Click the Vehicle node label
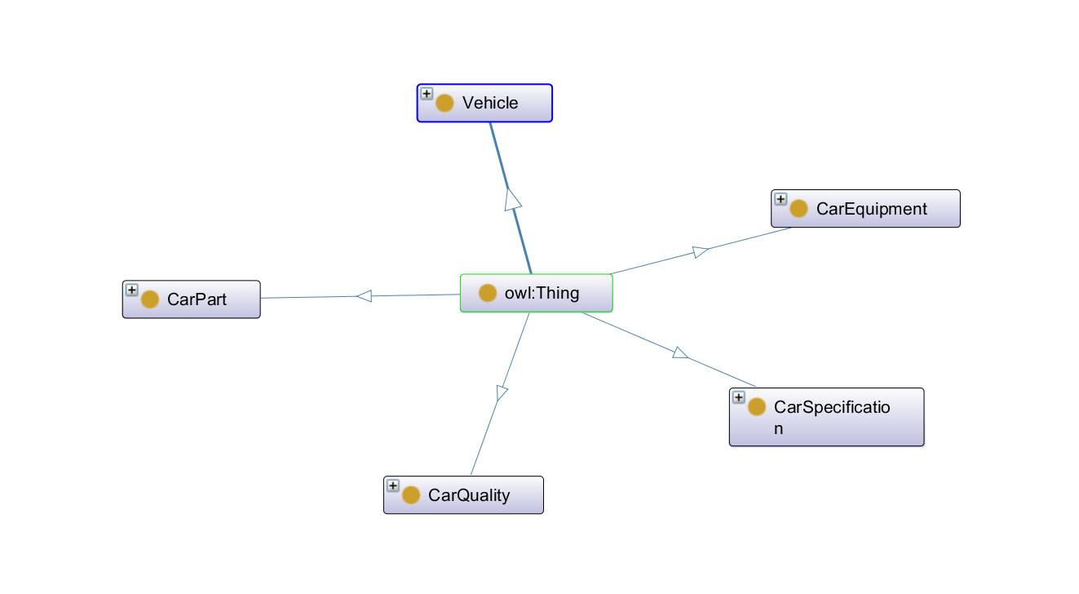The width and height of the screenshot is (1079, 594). [x=489, y=103]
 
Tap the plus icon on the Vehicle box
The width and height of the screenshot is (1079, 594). [x=427, y=94]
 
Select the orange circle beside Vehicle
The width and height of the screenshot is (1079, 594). [x=444, y=104]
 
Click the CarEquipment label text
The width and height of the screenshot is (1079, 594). [x=871, y=209]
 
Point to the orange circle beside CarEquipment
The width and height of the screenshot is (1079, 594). [x=798, y=210]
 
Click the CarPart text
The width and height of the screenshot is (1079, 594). [x=197, y=299]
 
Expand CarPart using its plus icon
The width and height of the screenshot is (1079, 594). [x=131, y=290]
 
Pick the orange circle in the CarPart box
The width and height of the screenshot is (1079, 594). [x=149, y=299]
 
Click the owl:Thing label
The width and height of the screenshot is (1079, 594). [x=542, y=293]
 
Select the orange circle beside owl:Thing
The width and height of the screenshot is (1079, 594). [x=488, y=293]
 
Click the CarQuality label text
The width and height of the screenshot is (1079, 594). [x=469, y=495]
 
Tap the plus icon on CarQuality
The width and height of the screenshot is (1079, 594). [x=392, y=485]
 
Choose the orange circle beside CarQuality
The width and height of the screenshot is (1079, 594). [x=410, y=495]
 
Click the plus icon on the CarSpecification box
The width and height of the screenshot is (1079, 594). [x=738, y=397]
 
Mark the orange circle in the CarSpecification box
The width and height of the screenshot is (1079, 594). [x=756, y=406]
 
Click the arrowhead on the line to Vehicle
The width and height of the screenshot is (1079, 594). [x=513, y=199]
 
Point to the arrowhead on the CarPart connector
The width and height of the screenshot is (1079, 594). [x=364, y=296]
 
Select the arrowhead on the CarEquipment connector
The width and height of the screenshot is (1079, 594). [x=700, y=252]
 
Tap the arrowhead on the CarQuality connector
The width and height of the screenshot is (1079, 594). [x=502, y=392]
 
